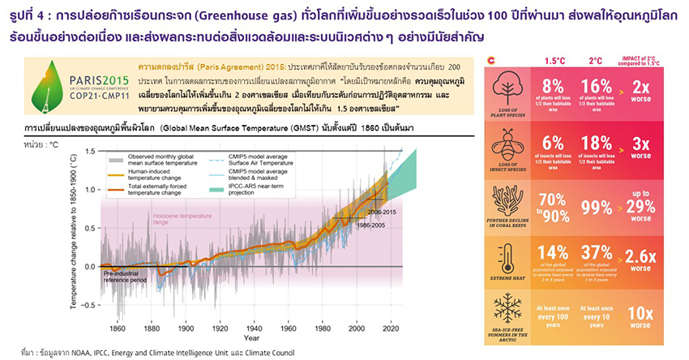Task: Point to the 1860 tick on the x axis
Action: coord(118,328)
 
